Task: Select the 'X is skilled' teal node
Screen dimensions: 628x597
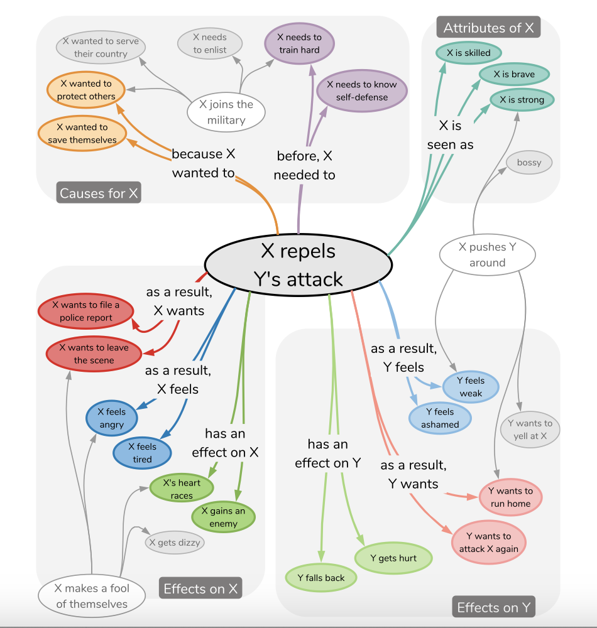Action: [468, 53]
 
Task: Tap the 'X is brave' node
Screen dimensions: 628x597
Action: [514, 75]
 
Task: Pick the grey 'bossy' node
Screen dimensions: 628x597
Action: [529, 163]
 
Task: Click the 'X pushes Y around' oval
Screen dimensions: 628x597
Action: [487, 254]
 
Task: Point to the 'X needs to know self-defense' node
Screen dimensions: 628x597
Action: [362, 91]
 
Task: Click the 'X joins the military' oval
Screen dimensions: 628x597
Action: [226, 112]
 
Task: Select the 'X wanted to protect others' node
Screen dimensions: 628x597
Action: [86, 90]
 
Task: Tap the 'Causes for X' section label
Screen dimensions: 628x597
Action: [99, 193]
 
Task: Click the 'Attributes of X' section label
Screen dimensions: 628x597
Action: [488, 28]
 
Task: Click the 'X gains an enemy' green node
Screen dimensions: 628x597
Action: [224, 517]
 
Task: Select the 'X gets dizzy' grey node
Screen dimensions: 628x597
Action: [175, 543]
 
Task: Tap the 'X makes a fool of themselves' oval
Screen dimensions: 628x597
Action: [92, 596]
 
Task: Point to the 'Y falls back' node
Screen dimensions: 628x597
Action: [321, 578]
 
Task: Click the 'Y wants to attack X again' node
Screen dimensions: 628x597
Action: [488, 543]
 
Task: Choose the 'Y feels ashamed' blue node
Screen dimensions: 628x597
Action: [440, 418]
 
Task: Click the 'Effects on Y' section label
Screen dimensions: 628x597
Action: [493, 607]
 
